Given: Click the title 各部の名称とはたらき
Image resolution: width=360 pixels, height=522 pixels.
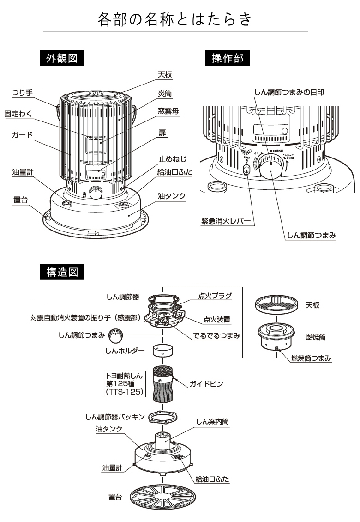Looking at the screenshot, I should pos(175,19).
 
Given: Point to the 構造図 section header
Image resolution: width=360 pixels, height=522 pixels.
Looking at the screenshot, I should pos(62,272).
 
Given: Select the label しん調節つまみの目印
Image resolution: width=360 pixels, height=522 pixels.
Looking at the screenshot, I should pos(289,92).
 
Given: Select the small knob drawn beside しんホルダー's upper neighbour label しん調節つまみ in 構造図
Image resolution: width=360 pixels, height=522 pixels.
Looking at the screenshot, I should pos(115,335).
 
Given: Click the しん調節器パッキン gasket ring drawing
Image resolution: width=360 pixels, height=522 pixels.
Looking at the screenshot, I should pos(163,417).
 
